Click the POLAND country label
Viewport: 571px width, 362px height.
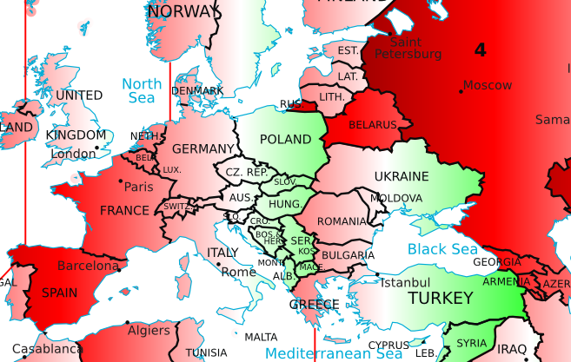[x=285, y=140]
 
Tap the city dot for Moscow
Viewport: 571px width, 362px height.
[x=461, y=90]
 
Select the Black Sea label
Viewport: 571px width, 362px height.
[x=442, y=250]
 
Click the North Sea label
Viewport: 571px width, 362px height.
[x=142, y=91]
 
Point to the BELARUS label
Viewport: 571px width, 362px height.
[x=372, y=125]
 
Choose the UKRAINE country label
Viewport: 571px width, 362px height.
[x=402, y=176]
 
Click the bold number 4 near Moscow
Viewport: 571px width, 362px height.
[x=480, y=50]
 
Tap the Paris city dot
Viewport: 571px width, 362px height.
[x=120, y=181]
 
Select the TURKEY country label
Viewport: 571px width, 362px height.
[x=439, y=298]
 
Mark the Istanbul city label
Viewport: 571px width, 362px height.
[x=406, y=283]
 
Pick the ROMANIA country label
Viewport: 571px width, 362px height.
[x=342, y=221]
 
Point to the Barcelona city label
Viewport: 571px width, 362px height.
[x=88, y=266]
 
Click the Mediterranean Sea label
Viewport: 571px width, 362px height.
[x=334, y=353]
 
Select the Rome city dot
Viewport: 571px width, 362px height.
[x=218, y=264]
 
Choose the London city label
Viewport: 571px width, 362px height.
[x=73, y=155]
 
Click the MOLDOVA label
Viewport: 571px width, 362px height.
[x=395, y=198]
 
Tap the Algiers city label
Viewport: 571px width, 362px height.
[x=149, y=331]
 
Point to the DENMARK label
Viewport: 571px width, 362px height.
[x=197, y=90]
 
